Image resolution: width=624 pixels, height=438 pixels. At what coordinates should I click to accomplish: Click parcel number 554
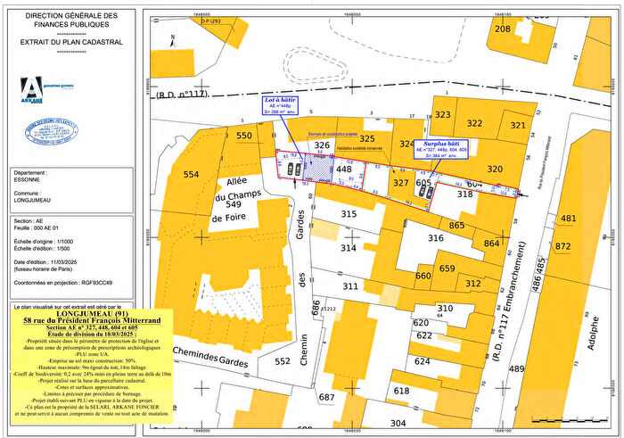(x=192, y=175)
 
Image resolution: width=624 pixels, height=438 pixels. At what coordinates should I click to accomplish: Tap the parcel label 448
(x=344, y=169)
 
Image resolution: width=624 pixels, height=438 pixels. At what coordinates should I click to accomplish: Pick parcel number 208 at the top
(x=504, y=29)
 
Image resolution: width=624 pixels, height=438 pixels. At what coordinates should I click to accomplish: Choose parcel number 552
(x=283, y=361)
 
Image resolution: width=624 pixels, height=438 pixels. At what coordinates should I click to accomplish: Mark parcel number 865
(x=457, y=226)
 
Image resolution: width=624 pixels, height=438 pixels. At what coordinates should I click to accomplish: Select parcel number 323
(x=442, y=115)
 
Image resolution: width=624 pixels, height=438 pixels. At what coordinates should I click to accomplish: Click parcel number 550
(x=244, y=136)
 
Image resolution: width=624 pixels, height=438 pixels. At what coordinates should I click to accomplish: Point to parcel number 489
(x=517, y=368)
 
